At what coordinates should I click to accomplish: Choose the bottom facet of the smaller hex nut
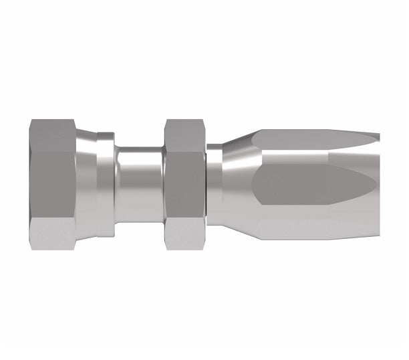(184, 227)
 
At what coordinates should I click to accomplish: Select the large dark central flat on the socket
(307, 181)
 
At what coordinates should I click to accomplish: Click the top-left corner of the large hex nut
(31, 120)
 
